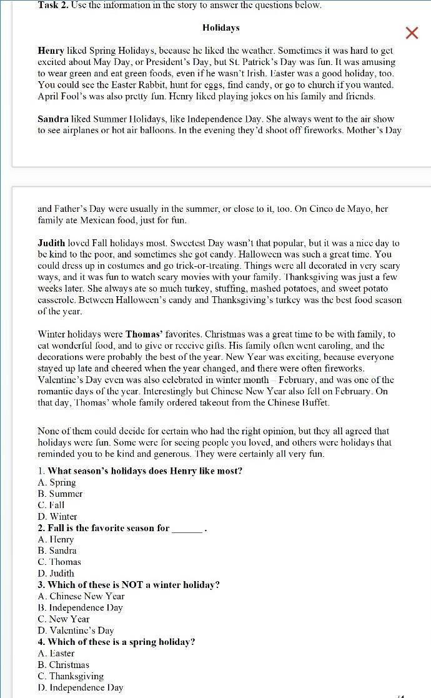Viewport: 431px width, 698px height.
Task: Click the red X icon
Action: [x=412, y=33]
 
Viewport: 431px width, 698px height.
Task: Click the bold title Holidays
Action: [x=220, y=27]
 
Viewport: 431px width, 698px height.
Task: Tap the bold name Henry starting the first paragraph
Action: [x=51, y=51]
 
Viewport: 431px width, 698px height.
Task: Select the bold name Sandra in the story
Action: [x=53, y=119]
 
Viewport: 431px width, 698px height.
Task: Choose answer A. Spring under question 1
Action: [x=57, y=482]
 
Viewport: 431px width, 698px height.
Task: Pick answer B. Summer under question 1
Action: [x=60, y=494]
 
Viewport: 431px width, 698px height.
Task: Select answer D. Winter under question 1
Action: [x=57, y=517]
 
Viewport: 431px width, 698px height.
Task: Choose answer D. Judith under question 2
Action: [x=56, y=573]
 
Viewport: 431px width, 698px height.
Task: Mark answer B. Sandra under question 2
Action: [x=57, y=551]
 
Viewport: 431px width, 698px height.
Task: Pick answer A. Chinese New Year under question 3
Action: [x=81, y=596]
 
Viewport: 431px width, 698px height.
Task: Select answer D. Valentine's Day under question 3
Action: [x=76, y=631]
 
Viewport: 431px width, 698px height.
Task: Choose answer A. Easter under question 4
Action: [x=56, y=654]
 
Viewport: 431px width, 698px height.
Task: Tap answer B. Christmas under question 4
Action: [x=64, y=665]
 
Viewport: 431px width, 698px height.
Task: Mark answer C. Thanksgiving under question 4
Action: [x=71, y=676]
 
